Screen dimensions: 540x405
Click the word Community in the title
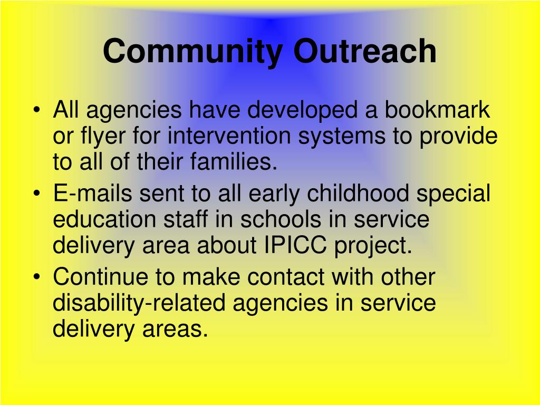click(x=193, y=52)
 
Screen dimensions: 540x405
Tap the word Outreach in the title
click(x=365, y=51)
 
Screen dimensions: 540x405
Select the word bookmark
click(x=437, y=110)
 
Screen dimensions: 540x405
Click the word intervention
click(x=229, y=136)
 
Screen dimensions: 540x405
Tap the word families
click(x=234, y=161)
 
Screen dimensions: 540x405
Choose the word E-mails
click(x=93, y=193)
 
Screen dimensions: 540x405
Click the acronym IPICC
click(x=295, y=245)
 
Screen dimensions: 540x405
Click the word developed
click(x=302, y=111)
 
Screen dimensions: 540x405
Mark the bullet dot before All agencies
click(x=37, y=110)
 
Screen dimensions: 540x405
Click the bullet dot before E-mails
click(x=37, y=194)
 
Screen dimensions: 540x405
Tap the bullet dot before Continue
click(x=37, y=277)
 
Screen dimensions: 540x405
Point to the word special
click(x=453, y=194)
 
